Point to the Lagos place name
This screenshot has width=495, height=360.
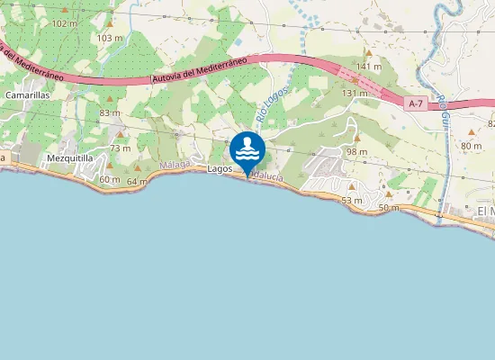pos(220,168)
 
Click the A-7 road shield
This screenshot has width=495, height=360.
pos(415,103)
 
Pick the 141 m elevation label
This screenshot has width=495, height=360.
pos(369,67)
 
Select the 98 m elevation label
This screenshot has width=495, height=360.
pos(356,152)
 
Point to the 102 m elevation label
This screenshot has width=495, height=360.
pos(65,22)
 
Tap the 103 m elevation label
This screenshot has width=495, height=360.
pos(109,38)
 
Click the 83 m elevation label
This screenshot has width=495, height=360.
pos(110,112)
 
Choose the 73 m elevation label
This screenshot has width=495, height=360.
pos(120,148)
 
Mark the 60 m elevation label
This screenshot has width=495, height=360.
pos(109,179)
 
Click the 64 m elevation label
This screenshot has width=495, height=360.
pos(137,182)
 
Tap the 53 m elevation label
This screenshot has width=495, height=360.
pos(352,200)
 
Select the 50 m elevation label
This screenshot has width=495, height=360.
pos(388,208)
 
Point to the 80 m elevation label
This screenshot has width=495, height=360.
pos(471,146)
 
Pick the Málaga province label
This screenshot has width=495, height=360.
pos(174,166)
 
